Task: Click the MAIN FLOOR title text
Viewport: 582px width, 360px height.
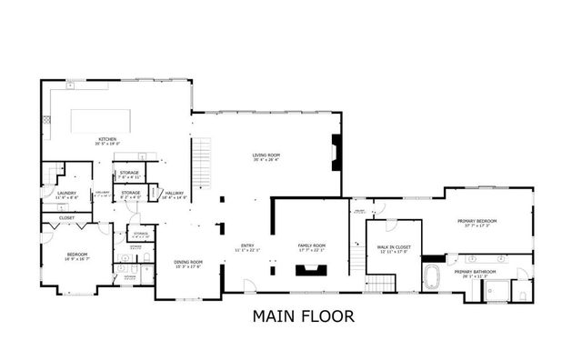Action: pos(290,317)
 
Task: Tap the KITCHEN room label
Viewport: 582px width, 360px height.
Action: pos(107,139)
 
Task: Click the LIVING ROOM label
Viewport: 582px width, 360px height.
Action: pos(266,155)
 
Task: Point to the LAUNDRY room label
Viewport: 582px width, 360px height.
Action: pos(66,192)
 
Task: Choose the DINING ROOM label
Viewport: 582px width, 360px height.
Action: pos(188,262)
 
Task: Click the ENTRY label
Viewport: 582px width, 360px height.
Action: pos(247,245)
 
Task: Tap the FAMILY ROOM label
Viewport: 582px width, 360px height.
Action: pos(312,245)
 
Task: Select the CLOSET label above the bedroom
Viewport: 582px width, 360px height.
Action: pos(66,218)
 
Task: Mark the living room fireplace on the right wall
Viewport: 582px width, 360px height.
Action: pos(337,152)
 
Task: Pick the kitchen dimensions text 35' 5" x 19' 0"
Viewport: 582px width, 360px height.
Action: pos(107,144)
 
